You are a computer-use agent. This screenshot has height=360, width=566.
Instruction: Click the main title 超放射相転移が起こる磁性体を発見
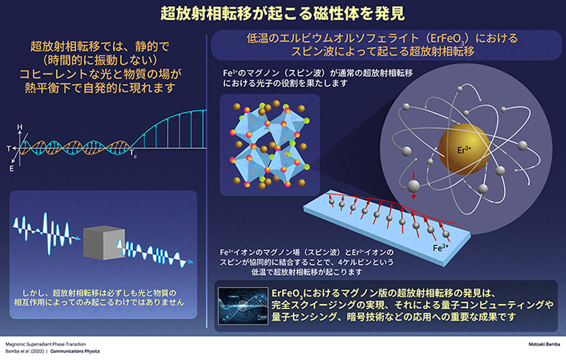click(282, 13)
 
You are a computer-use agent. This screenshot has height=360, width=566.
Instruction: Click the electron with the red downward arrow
click(413, 188)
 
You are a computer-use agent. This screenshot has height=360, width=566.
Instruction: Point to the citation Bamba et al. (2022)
click(24, 352)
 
